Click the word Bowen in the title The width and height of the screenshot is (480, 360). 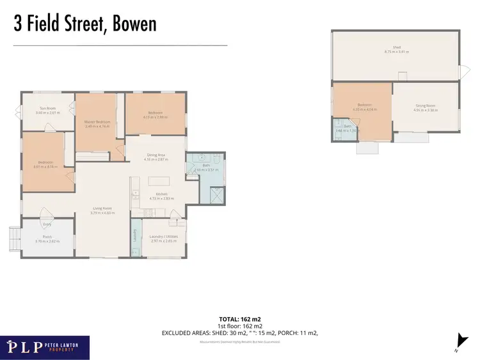[134, 24]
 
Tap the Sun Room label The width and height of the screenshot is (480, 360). [47, 109]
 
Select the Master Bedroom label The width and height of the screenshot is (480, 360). [97, 121]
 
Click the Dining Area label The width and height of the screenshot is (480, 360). [157, 155]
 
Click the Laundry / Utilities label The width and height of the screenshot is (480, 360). [163, 237]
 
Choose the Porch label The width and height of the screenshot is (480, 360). [47, 237]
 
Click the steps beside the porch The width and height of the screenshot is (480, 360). [15, 239]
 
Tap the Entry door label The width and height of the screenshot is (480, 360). [47, 224]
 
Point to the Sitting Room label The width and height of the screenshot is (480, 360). [425, 106]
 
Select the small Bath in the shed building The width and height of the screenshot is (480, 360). [346, 129]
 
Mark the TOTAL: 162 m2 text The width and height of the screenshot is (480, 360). [239, 318]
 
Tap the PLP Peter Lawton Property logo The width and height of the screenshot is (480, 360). [45, 347]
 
